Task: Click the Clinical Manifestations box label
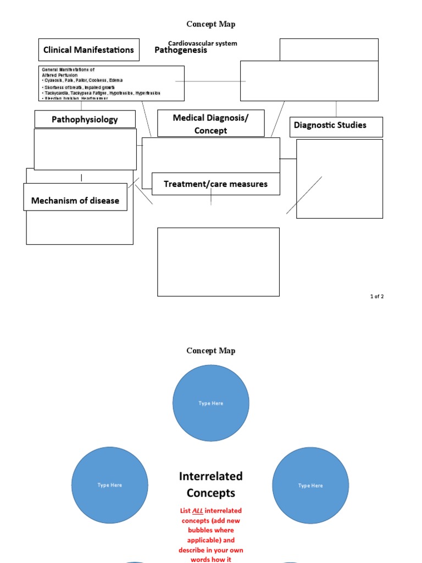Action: pyautogui.click(x=88, y=50)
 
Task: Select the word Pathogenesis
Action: pyautogui.click(x=181, y=50)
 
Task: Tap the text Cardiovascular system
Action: pyautogui.click(x=202, y=43)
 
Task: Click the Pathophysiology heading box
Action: pyautogui.click(x=85, y=119)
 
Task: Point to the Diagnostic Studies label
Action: pyautogui.click(x=330, y=125)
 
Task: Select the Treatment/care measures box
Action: pyautogui.click(x=215, y=184)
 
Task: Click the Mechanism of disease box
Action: pyautogui.click(x=75, y=201)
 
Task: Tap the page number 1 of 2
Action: pyautogui.click(x=376, y=297)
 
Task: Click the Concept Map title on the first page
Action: pyautogui.click(x=210, y=24)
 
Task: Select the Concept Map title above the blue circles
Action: pyautogui.click(x=210, y=351)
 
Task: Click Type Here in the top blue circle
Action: pyautogui.click(x=211, y=404)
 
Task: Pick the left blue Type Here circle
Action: pyautogui.click(x=109, y=485)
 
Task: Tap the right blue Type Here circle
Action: pyautogui.click(x=310, y=485)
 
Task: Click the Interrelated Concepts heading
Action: pyautogui.click(x=210, y=484)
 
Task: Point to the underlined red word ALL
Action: pyautogui.click(x=198, y=511)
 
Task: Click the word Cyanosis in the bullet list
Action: pyautogui.click(x=53, y=81)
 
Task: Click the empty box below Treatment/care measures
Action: pyautogui.click(x=218, y=262)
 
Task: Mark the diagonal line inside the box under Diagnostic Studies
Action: pyautogui.click(x=304, y=195)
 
